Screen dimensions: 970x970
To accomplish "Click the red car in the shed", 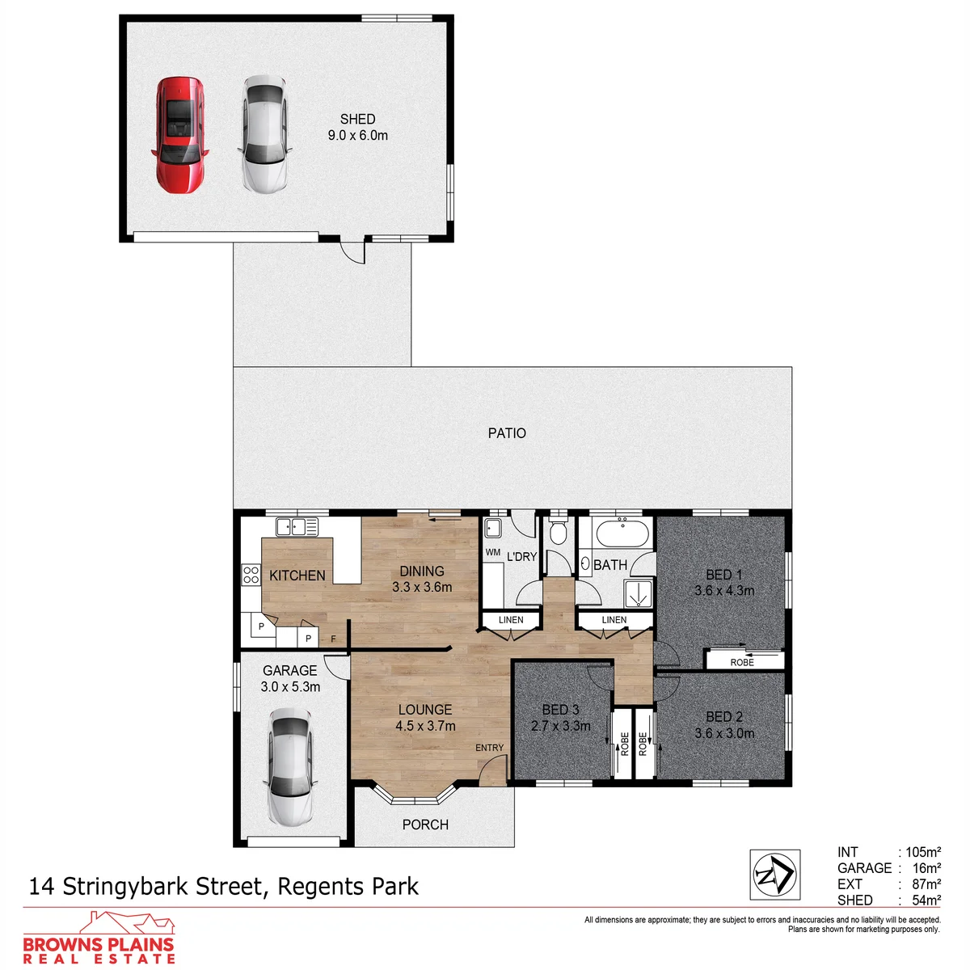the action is tap(179, 135).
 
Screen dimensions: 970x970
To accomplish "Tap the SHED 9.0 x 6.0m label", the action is tap(357, 128).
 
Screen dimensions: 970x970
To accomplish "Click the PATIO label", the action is tap(506, 433).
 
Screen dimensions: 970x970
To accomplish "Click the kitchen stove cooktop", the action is tap(251, 575).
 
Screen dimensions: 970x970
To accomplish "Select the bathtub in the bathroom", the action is tap(622, 533).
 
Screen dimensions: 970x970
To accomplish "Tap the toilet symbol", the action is tap(558, 531).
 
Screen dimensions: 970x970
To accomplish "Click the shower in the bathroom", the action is tap(639, 594).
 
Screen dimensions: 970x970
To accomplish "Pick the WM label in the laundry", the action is tap(493, 552).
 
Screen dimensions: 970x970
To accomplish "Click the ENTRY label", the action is tap(489, 748).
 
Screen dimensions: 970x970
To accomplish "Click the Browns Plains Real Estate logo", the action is tap(99, 938).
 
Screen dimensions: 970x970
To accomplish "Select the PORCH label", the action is tap(425, 824).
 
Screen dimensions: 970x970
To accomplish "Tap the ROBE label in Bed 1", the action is tap(742, 663).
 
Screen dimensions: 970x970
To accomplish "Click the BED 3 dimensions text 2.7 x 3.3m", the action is tap(560, 726).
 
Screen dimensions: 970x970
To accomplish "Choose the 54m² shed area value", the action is tap(926, 900).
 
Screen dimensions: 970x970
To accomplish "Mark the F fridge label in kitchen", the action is tap(333, 639).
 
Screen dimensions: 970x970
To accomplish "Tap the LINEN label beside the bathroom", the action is tap(614, 620).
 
